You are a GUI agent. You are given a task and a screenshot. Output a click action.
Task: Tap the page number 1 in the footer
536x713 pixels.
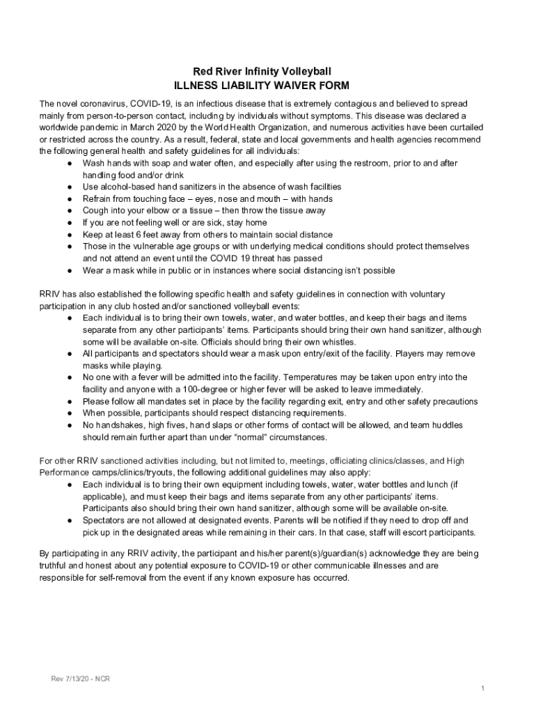pyautogui.click(x=482, y=689)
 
